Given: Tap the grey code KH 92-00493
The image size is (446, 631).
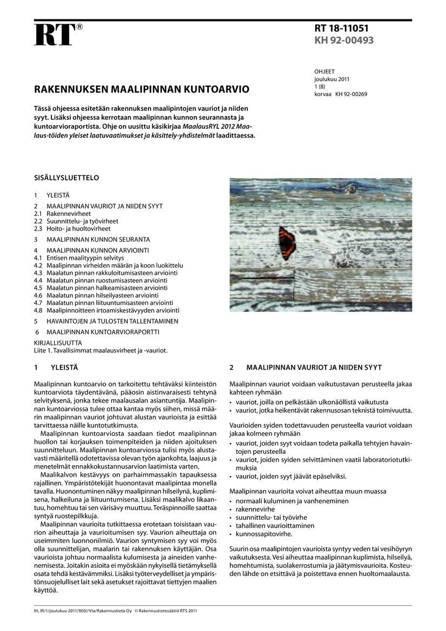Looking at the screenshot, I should [x=344, y=40].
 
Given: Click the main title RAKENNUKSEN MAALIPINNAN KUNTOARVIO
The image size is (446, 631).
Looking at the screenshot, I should [x=142, y=89].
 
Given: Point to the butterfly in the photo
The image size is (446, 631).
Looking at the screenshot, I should [x=287, y=243].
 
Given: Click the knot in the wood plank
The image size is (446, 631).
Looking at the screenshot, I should [x=349, y=188].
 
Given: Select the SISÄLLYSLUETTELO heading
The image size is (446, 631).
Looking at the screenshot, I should [x=66, y=178].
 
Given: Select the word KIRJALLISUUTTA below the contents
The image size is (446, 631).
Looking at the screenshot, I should [x=58, y=343].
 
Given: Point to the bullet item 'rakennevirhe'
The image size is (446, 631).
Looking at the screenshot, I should [x=255, y=509].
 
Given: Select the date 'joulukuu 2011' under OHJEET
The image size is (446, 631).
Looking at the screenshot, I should [x=332, y=79].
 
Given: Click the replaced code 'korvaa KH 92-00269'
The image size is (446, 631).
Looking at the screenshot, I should [x=341, y=94].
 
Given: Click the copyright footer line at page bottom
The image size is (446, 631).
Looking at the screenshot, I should [x=115, y=611].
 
